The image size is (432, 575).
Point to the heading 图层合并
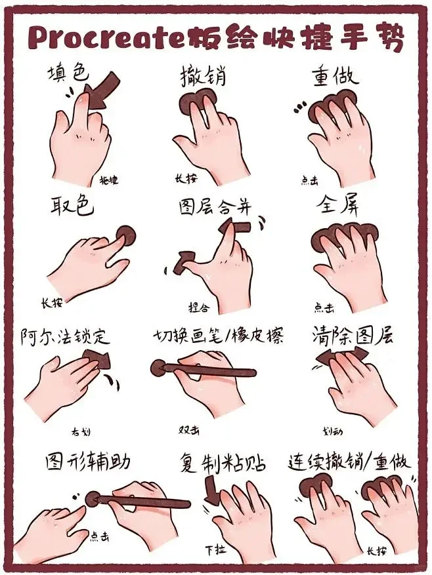coord(215,206)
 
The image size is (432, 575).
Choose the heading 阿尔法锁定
coord(65,337)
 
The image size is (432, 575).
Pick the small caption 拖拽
coord(108,180)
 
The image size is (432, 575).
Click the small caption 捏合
coord(199,307)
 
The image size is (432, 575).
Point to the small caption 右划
coord(81,431)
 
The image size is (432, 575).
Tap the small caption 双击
coord(190,431)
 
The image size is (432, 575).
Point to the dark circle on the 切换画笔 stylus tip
coord(159,368)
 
